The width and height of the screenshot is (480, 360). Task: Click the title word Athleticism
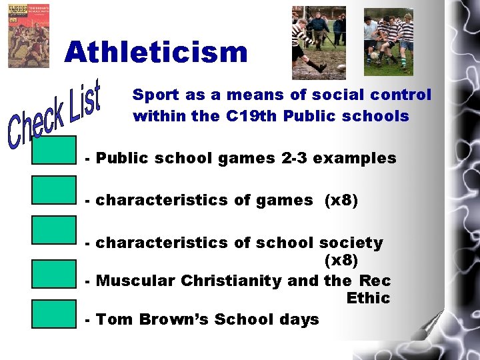(156, 52)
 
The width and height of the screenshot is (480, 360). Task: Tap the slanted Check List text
(55, 113)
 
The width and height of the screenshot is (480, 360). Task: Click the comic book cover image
(28, 35)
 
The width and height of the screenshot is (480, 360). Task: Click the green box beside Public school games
(54, 149)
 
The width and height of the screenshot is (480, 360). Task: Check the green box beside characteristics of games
(54, 189)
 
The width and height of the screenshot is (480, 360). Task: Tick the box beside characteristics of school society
(54, 230)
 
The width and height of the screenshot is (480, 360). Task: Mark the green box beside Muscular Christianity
(54, 273)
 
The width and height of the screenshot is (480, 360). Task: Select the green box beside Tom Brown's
(54, 314)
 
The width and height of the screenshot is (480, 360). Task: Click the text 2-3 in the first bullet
(293, 159)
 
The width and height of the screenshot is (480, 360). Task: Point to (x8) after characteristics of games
(341, 200)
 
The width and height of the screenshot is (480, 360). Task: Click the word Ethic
(368, 298)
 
